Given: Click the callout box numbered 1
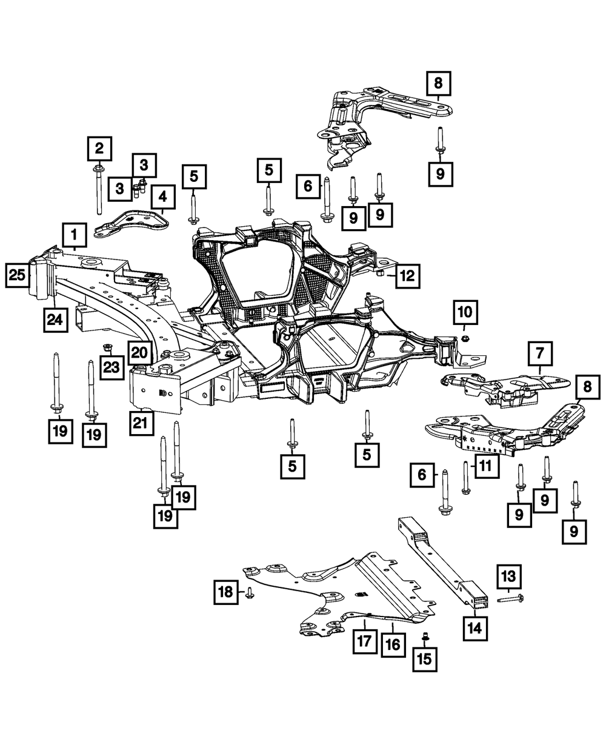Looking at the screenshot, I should [74, 233].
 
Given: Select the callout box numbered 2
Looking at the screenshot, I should [99, 147].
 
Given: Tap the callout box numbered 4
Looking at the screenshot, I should [162, 197].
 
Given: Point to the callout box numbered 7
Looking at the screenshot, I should [540, 352].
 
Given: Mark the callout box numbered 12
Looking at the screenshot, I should [407, 276].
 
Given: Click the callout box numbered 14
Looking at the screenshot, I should [474, 627].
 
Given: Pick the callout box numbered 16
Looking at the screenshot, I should [393, 644].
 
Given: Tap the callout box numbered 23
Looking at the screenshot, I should [112, 368].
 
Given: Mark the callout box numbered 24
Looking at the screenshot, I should [56, 319].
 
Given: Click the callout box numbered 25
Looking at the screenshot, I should [17, 276].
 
